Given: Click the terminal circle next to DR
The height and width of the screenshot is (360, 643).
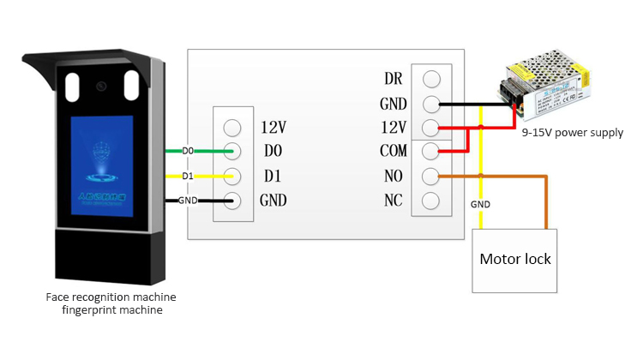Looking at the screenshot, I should click(432, 79).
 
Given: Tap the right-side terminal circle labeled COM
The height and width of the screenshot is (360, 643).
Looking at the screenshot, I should click(432, 152).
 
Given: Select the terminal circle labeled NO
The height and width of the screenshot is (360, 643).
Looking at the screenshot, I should click(432, 177).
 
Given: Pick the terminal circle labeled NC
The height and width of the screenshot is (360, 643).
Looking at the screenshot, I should click(432, 201).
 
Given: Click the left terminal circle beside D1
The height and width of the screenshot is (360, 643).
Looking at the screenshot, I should click(231, 177).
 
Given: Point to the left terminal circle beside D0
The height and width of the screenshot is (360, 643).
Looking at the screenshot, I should click(231, 152).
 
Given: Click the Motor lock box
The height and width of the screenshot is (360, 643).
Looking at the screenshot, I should click(514, 260).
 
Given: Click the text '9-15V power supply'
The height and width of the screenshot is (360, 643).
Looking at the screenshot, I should click(572, 133).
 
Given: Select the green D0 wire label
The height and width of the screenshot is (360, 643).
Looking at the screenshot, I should click(188, 152).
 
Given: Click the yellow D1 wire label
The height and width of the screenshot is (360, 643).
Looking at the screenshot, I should click(188, 177).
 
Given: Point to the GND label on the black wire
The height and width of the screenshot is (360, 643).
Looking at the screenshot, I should click(188, 201).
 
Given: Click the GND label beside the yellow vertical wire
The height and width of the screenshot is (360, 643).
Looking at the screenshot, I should click(480, 205).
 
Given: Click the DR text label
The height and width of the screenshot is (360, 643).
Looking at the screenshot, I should click(394, 80).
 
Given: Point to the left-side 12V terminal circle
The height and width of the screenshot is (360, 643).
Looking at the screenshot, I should click(231, 128).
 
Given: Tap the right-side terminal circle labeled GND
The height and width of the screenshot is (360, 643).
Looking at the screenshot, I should click(432, 104).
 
